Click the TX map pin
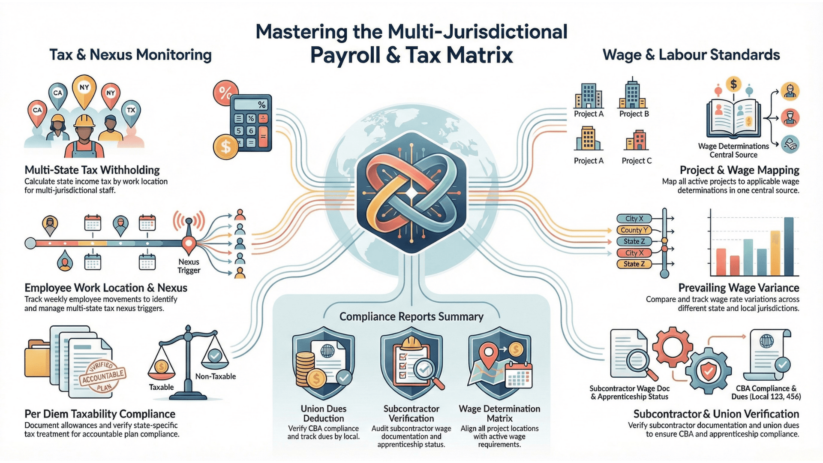point(131,111)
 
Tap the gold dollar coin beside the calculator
point(225,147)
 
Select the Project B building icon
point(632,94)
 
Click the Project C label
point(637,161)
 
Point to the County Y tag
point(634,230)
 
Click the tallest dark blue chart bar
point(788,246)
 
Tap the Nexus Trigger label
point(189,266)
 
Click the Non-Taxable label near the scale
point(216,376)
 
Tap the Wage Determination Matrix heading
point(499,413)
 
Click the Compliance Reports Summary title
point(411,317)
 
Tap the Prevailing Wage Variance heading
point(739,288)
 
